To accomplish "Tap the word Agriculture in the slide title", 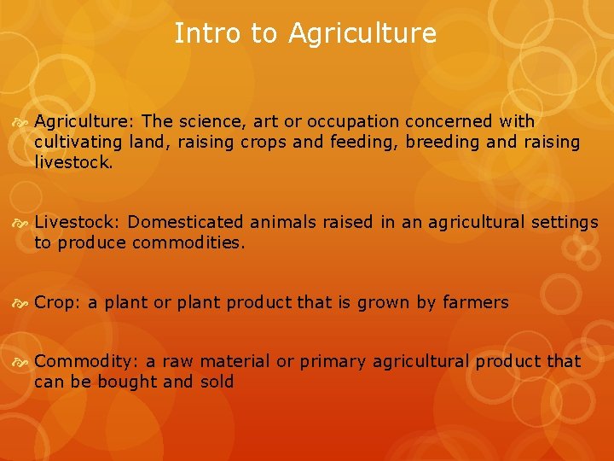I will tap(362, 34).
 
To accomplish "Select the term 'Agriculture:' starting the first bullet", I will tap(83, 122).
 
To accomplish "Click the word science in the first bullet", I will tap(210, 122).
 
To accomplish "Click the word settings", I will tap(565, 223).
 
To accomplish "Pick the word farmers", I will tap(475, 302).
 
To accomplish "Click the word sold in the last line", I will tap(217, 382).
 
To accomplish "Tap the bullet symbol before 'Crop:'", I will tap(21, 303).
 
